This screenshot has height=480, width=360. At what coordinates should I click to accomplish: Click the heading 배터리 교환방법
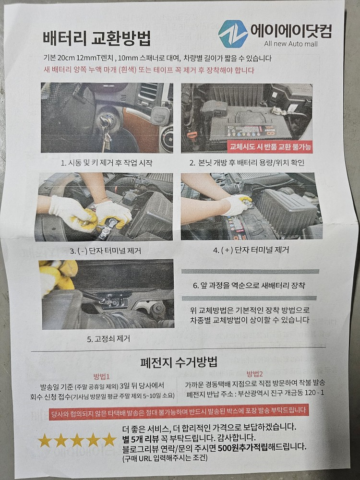coord(96,37)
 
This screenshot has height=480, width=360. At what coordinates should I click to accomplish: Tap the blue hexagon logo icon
coord(233,33)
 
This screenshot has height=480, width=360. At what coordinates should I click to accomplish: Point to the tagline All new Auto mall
coord(292,45)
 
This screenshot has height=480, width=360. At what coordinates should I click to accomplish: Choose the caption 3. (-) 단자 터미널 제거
coord(106,251)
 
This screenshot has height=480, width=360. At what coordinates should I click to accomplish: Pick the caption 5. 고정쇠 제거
coord(108,338)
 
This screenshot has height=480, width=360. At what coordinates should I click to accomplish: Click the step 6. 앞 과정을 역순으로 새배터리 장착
coord(249,286)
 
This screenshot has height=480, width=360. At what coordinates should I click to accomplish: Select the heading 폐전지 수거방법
coord(179,361)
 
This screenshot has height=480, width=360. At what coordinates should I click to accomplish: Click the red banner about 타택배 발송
coord(179,411)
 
